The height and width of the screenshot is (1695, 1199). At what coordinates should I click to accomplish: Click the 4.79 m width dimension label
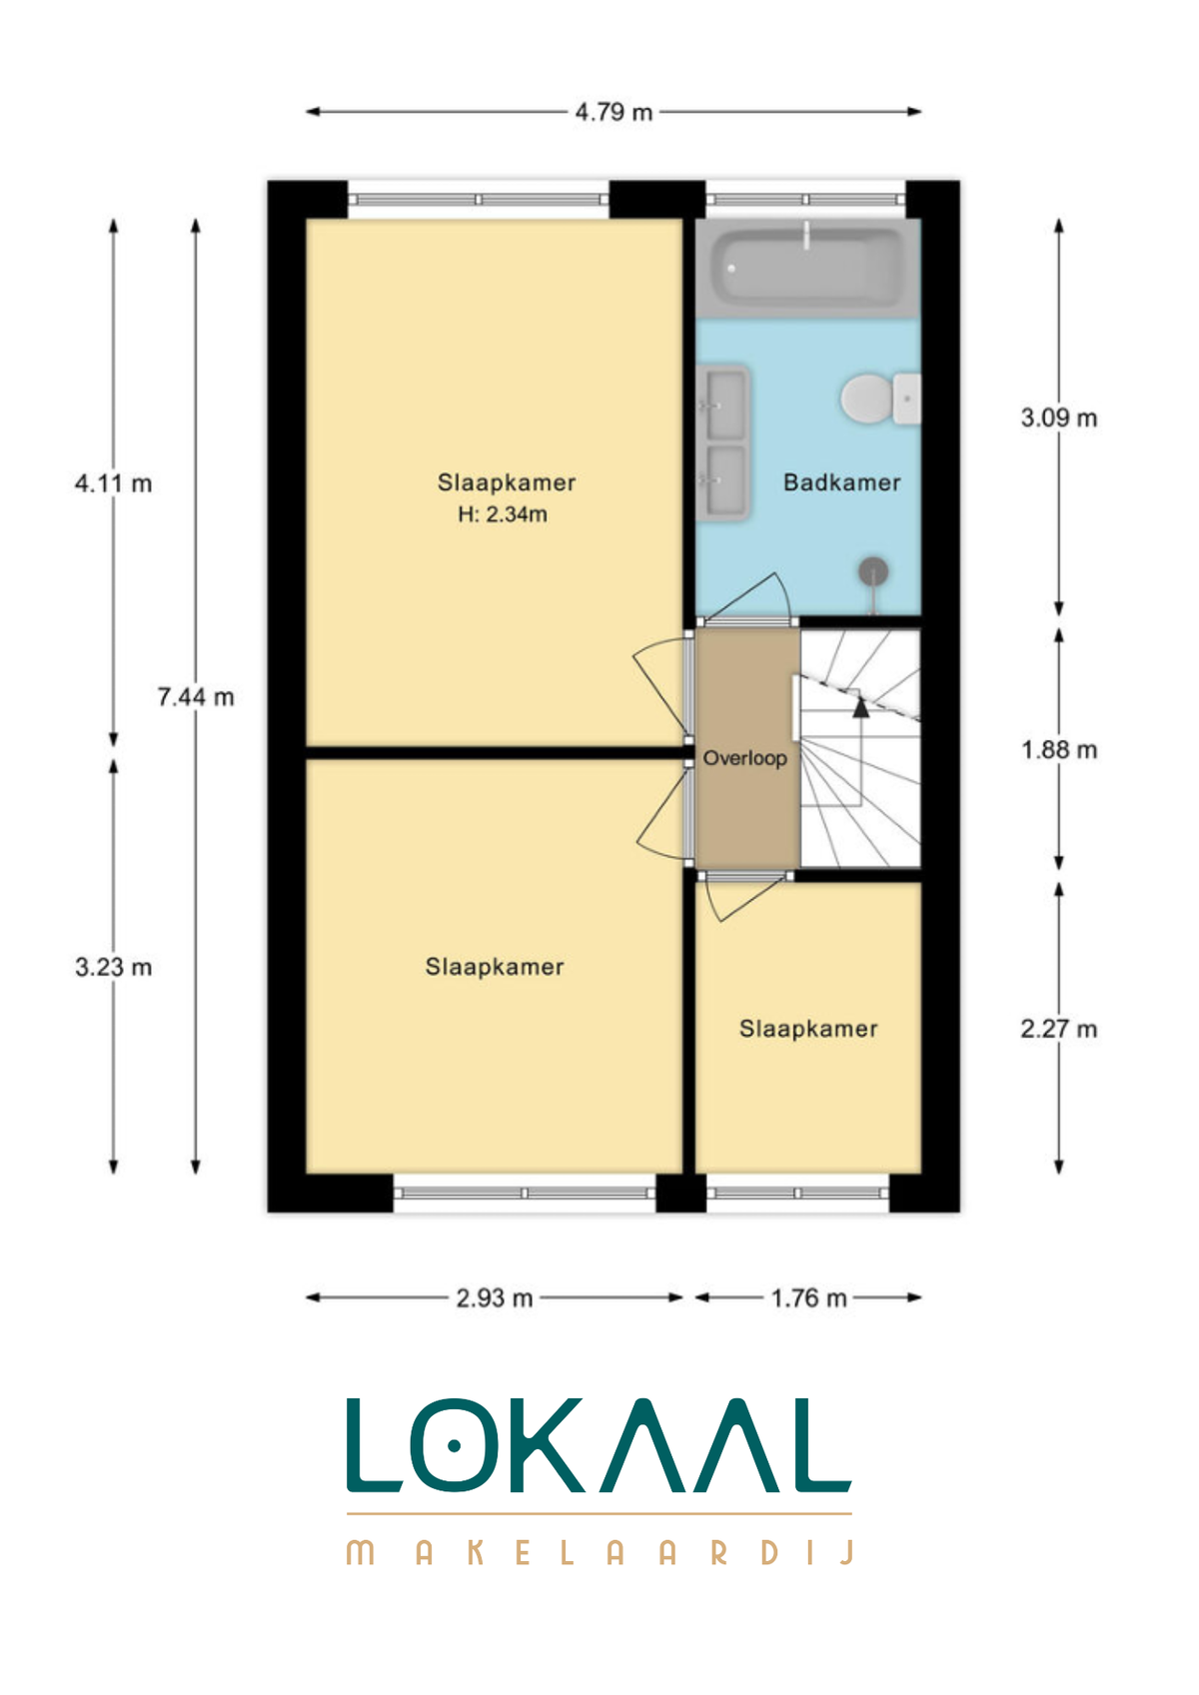point(613,112)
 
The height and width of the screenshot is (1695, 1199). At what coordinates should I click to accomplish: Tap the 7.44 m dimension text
point(195,696)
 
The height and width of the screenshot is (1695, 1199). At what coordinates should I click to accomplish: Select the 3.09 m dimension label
point(1058,418)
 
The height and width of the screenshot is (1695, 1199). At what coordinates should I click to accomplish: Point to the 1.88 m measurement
point(1058,750)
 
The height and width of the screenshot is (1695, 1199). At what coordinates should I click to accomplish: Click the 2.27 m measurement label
point(1058,1029)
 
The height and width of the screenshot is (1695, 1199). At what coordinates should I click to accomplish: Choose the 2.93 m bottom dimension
point(495,1297)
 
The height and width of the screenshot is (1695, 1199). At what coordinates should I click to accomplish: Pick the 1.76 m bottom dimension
point(808,1297)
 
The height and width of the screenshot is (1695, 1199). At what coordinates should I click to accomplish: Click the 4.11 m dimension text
point(113,482)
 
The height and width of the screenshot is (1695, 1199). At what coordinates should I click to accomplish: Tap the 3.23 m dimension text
point(113,966)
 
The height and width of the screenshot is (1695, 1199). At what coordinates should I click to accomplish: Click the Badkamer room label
point(841,482)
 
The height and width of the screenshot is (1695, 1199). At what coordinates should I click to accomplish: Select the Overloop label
point(744,758)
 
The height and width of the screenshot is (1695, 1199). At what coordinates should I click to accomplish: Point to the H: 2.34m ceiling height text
point(502,514)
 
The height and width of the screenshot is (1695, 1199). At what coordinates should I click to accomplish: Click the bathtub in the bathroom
point(807,268)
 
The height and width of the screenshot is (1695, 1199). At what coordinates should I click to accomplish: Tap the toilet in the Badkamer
point(880,398)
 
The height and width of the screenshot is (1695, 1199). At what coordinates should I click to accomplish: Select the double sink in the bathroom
point(723,442)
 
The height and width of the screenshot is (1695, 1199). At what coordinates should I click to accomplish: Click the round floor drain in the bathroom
point(873,571)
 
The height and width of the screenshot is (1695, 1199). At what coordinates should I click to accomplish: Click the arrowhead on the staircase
point(860,707)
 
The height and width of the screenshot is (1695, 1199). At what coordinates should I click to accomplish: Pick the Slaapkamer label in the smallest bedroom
point(808,1029)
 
